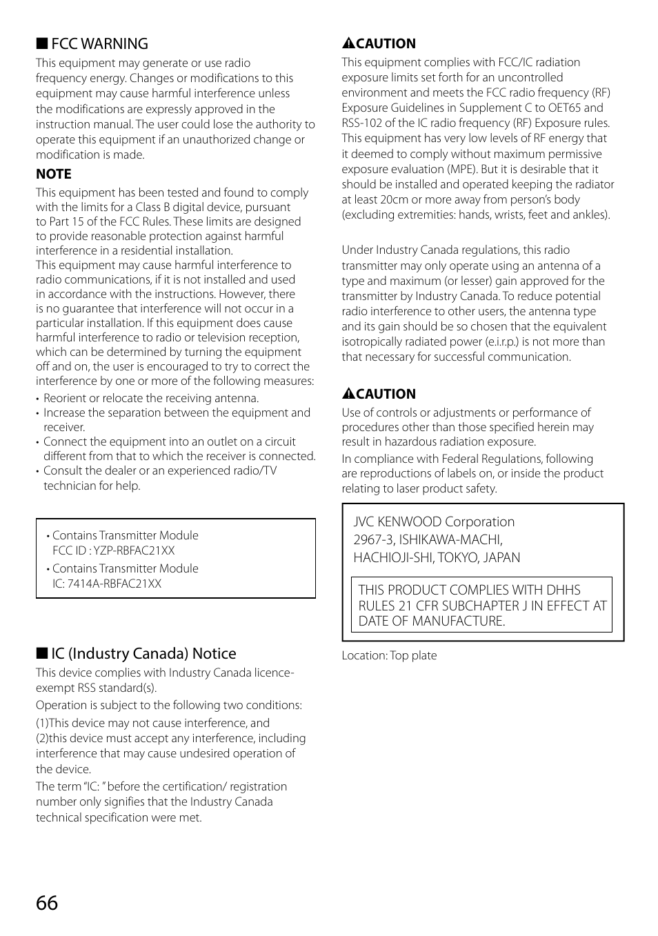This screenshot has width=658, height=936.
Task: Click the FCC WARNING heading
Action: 99,44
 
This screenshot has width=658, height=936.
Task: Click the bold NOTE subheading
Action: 54,175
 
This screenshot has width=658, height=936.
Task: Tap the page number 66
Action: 47,903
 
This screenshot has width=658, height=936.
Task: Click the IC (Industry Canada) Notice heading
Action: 143,654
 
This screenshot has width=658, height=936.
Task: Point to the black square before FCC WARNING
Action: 41,44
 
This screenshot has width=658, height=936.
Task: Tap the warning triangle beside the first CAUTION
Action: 348,44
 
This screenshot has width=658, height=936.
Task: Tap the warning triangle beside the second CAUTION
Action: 348,395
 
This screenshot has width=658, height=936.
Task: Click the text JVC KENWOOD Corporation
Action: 434,522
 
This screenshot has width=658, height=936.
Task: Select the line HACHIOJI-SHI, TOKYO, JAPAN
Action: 437,558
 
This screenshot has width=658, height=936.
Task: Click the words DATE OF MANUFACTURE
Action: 431,621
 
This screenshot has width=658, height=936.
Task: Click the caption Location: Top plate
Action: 389,656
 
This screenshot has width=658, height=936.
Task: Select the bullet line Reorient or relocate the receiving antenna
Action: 151,399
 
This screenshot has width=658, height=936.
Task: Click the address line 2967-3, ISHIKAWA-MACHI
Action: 428,540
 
